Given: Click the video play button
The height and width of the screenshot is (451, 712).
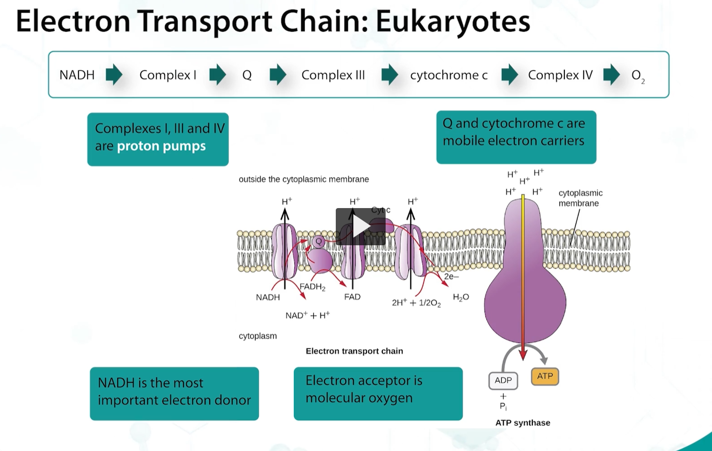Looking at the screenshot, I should pyautogui.click(x=360, y=226).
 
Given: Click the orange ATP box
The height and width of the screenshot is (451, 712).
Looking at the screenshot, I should pyautogui.click(x=545, y=376).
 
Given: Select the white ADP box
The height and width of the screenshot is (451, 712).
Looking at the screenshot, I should pyautogui.click(x=503, y=380).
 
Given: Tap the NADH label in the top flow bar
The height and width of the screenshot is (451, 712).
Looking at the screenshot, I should pyautogui.click(x=77, y=75).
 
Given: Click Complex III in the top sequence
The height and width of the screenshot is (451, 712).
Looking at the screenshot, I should pyautogui.click(x=333, y=75).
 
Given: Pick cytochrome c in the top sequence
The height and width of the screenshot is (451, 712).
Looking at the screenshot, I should pyautogui.click(x=449, y=75).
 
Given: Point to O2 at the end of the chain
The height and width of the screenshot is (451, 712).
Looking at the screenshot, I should pyautogui.click(x=637, y=75).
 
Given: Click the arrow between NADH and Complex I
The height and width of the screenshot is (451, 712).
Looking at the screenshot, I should pyautogui.click(x=114, y=75).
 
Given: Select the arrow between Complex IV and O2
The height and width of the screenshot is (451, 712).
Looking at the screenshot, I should pyautogui.click(x=611, y=75).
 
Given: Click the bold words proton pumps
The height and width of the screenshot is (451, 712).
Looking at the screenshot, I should pyautogui.click(x=161, y=146).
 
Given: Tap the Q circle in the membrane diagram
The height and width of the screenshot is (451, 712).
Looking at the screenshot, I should pyautogui.click(x=319, y=242).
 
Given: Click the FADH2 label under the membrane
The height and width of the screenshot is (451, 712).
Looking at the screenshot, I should pyautogui.click(x=312, y=287).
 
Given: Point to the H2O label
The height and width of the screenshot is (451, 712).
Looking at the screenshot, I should pyautogui.click(x=460, y=297).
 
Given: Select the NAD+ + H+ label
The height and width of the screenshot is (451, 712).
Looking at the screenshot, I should pyautogui.click(x=308, y=315).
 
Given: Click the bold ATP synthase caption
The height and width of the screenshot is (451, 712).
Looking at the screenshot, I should pyautogui.click(x=522, y=423).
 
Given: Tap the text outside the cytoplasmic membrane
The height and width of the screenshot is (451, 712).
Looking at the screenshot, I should pyautogui.click(x=304, y=179).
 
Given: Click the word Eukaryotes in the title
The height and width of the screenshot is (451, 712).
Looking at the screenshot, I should pyautogui.click(x=452, y=21).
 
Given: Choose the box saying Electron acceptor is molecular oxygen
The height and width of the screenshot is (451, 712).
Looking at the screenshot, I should pyautogui.click(x=378, y=394).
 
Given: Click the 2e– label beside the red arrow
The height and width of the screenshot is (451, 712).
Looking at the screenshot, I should pyautogui.click(x=451, y=276).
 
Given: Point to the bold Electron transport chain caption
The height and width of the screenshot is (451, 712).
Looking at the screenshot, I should pyautogui.click(x=354, y=351).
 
